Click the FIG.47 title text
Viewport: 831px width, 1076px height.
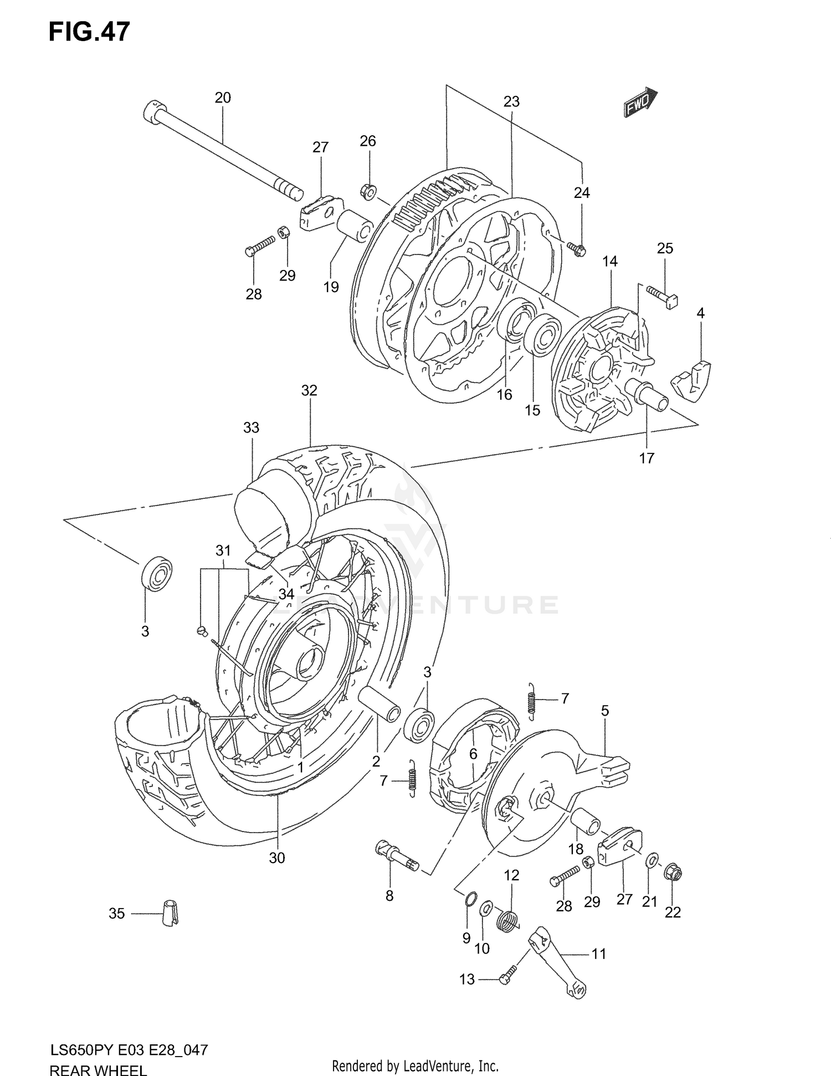tap(89, 32)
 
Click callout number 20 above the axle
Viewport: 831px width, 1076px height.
tap(222, 98)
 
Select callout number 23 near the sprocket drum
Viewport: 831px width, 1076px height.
tap(511, 102)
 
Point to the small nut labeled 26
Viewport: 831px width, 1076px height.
tap(368, 191)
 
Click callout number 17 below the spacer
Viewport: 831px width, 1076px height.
tap(647, 458)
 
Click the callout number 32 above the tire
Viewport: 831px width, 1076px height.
tap(309, 390)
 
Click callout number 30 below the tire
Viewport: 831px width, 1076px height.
tap(277, 858)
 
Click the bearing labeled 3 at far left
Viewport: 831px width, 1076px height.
tap(157, 574)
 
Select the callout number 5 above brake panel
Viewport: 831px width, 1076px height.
tap(605, 711)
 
